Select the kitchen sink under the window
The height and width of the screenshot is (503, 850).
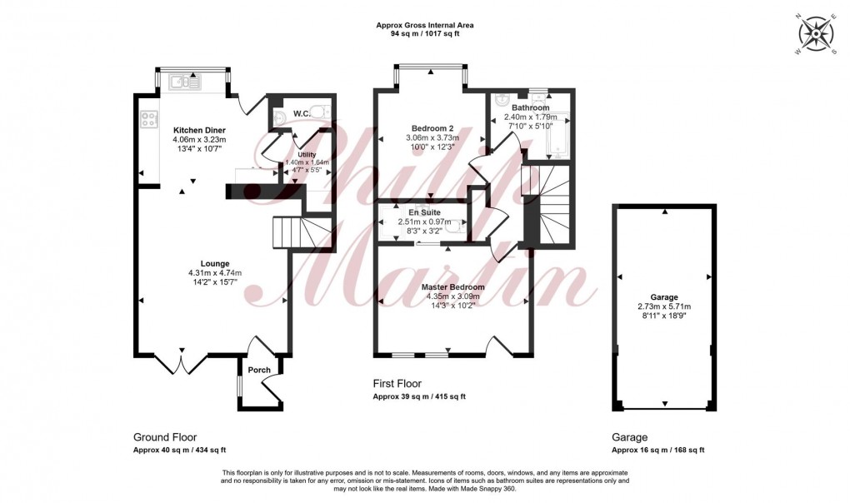(x=185, y=81)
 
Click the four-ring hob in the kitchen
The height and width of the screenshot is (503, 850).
(x=151, y=120)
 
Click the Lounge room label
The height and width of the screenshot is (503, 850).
(x=214, y=264)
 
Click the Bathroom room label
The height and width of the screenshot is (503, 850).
(x=530, y=108)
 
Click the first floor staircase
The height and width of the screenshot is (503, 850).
(x=547, y=204)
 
